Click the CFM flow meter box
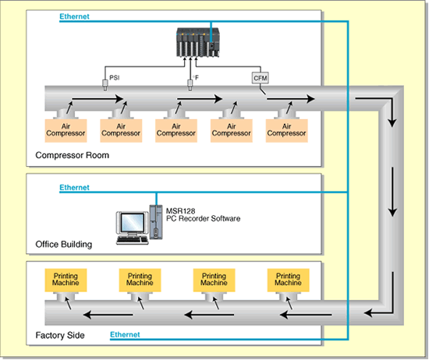(x=260, y=78)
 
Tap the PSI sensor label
(x=115, y=78)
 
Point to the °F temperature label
(x=196, y=78)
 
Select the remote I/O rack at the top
(x=198, y=42)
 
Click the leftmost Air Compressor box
(x=66, y=130)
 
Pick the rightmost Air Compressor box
(x=286, y=130)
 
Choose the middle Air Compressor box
(x=176, y=130)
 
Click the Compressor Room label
(x=73, y=155)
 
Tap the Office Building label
(x=64, y=244)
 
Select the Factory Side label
(x=60, y=335)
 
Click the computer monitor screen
(x=133, y=222)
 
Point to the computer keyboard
(x=133, y=240)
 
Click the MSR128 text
(x=181, y=211)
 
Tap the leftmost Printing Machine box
(x=66, y=280)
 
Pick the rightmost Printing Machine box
(x=288, y=280)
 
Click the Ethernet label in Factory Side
(x=125, y=334)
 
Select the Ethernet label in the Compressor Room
(x=74, y=16)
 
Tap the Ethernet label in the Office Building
(x=74, y=187)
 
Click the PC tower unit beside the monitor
(x=156, y=222)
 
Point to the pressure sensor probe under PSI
(x=105, y=85)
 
